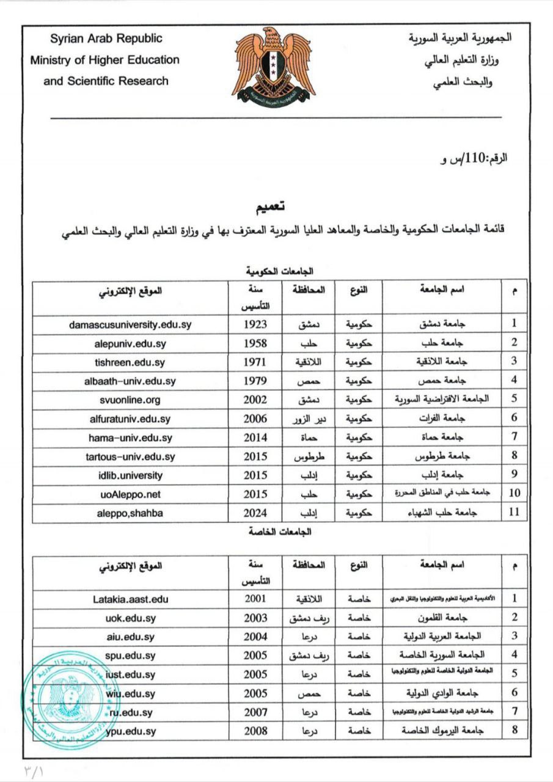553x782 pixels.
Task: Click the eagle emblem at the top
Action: coord(273,65)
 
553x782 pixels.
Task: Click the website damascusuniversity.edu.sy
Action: coord(130,324)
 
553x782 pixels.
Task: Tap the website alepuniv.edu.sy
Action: coord(130,343)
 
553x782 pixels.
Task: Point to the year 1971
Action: coord(255,362)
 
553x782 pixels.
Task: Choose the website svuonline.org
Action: coord(130,400)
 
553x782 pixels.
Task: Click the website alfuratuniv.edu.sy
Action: coord(130,418)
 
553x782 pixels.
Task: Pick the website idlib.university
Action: coord(130,475)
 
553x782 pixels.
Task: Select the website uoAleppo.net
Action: coord(130,494)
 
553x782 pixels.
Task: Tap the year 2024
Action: coord(255,513)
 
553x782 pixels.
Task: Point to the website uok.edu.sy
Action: coord(130,618)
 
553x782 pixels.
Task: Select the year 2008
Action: coord(255,731)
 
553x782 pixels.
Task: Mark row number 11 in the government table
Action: coord(515,513)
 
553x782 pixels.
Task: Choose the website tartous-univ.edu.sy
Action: coord(130,456)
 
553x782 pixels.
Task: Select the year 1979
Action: coord(255,381)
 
